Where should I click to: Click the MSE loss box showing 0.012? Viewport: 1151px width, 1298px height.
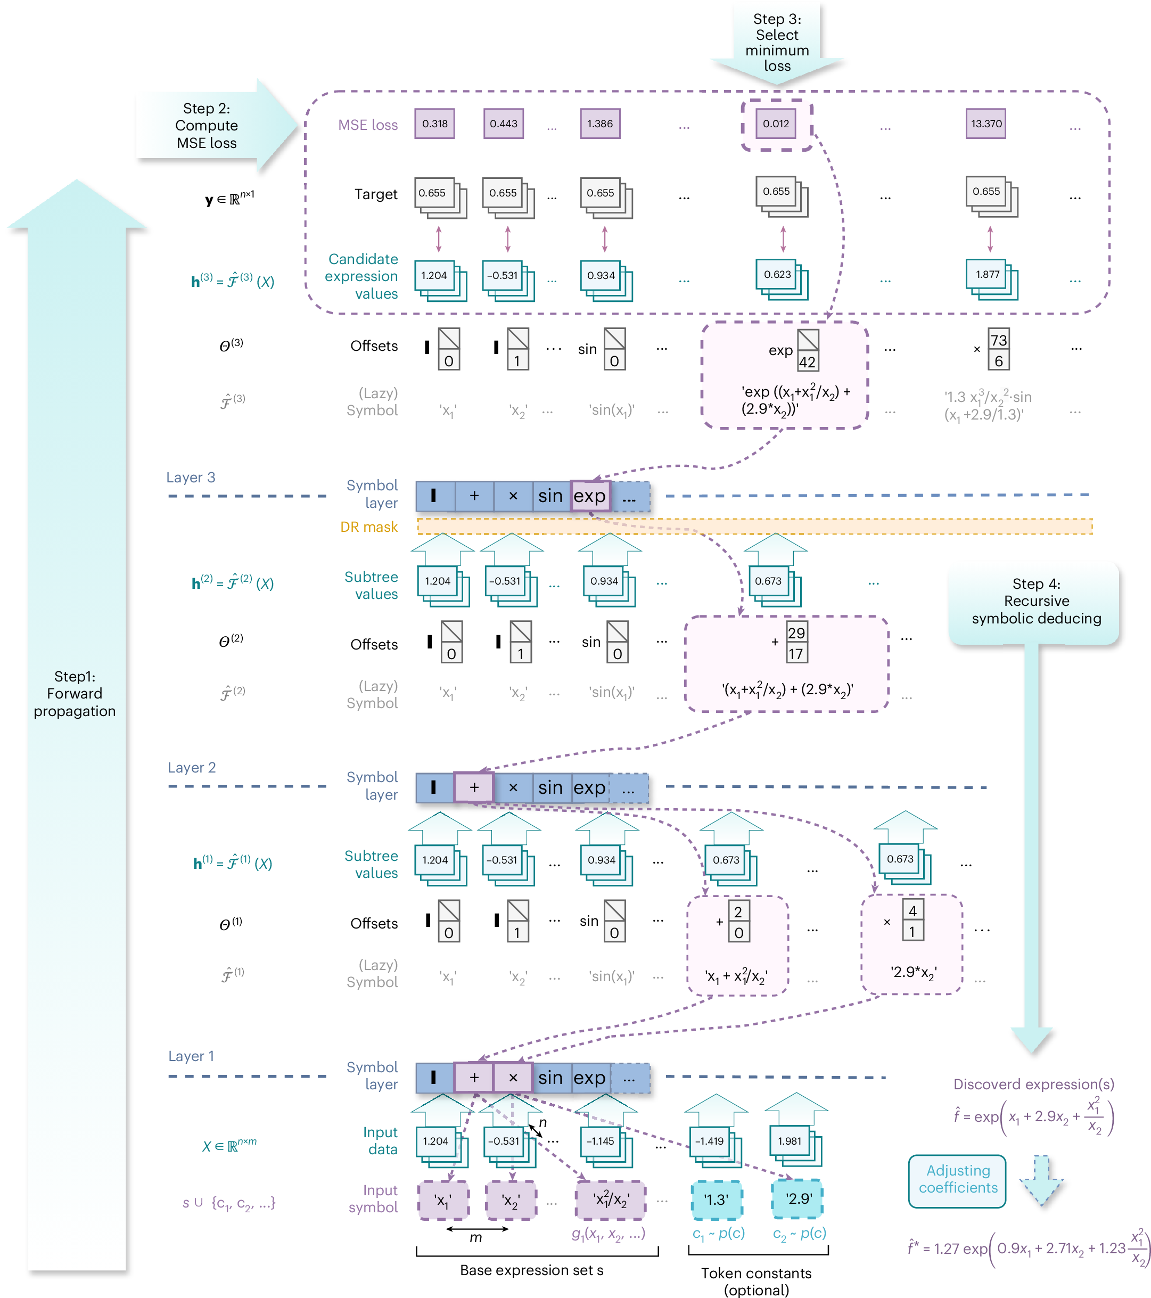pyautogui.click(x=775, y=124)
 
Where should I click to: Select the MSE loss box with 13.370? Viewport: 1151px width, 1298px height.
pyautogui.click(x=985, y=124)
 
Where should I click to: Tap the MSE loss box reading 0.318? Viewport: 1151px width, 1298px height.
pyautogui.click(x=434, y=124)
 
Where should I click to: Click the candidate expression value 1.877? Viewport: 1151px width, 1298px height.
pyautogui.click(x=987, y=275)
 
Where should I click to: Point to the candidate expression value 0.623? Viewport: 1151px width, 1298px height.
pyautogui.click(x=777, y=275)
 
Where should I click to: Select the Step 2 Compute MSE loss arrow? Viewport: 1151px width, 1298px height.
pyautogui.click(x=210, y=126)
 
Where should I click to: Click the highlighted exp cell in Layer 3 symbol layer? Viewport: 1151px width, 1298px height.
pyautogui.click(x=590, y=496)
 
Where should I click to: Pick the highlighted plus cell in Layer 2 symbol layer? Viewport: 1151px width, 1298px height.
pyautogui.click(x=474, y=787)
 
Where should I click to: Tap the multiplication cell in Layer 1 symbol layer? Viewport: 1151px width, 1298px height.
pyautogui.click(x=513, y=1078)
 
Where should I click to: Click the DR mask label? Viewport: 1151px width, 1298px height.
pyautogui.click(x=368, y=527)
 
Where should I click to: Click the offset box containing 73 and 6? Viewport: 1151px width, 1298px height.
pyautogui.click(x=998, y=350)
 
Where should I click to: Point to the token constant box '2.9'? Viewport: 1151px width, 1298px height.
pyautogui.click(x=798, y=1199)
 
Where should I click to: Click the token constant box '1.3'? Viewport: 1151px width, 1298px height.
pyautogui.click(x=716, y=1200)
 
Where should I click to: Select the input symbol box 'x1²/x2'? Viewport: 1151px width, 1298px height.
pyautogui.click(x=610, y=1200)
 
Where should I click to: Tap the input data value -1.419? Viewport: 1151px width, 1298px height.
pyautogui.click(x=709, y=1141)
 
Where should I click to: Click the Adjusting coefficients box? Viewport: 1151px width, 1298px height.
pyautogui.click(x=957, y=1179)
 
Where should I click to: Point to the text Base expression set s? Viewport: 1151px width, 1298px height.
pyautogui.click(x=531, y=1270)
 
